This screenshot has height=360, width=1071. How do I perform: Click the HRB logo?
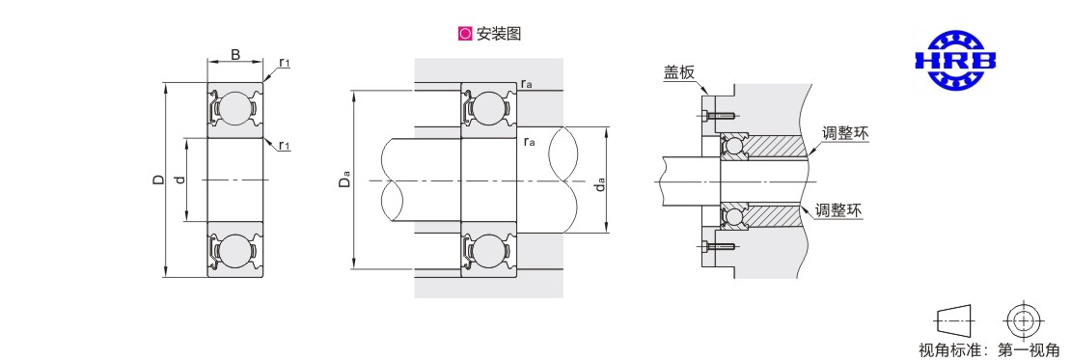(955, 60)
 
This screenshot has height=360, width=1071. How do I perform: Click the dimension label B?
(235, 54)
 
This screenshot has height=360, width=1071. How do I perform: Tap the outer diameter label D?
(158, 180)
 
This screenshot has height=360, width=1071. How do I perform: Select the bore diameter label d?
(179, 180)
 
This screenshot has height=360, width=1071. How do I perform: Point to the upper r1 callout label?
(285, 63)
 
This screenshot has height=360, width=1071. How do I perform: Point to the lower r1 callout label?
(284, 145)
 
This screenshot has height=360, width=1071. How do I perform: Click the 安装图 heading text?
(499, 34)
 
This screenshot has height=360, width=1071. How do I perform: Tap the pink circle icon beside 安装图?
(465, 34)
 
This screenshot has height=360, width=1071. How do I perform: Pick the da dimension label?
(600, 183)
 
